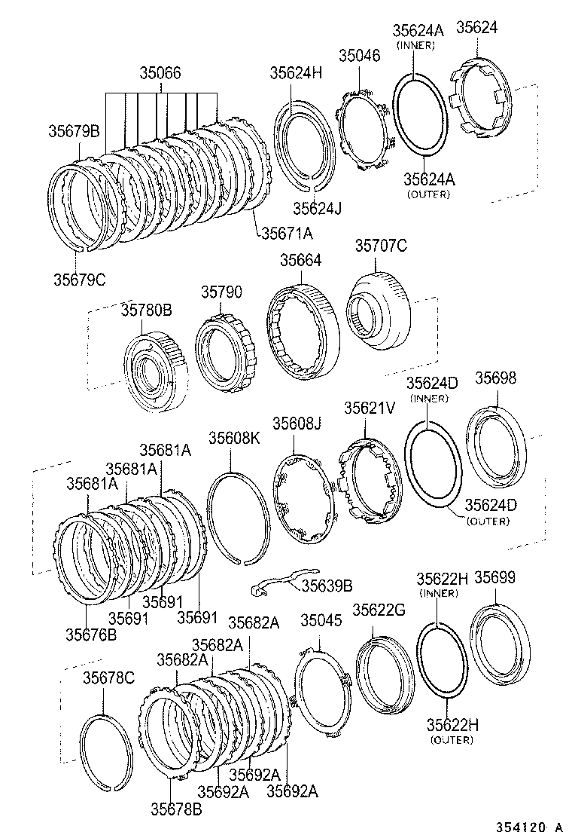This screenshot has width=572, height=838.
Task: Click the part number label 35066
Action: click(160, 74)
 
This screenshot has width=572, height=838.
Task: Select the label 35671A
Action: click(287, 234)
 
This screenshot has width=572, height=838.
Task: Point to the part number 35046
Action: click(361, 56)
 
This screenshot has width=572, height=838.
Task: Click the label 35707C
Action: click(381, 246)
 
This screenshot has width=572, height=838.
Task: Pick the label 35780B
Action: click(147, 310)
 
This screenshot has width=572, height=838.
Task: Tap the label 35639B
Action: click(327, 585)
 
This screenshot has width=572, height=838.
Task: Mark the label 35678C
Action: click(108, 678)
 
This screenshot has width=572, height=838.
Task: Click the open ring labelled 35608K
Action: click(238, 516)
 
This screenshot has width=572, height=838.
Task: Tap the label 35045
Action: click(321, 620)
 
